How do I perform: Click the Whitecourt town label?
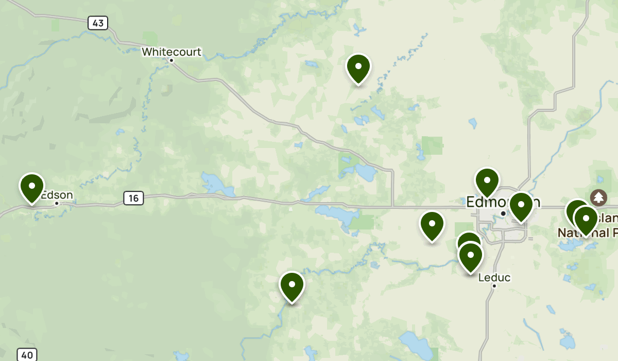tap(171, 52)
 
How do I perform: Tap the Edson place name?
tap(58, 195)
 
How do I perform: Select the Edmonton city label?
tap(502, 202)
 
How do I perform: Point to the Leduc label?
tap(494, 277)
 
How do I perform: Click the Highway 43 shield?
tap(97, 23)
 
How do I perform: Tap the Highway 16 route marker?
tap(133, 198)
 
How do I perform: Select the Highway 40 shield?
tap(27, 355)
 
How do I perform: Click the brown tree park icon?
tap(598, 197)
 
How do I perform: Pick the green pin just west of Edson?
tap(32, 187)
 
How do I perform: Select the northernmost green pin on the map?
tap(358, 68)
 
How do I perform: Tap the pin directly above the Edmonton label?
tap(487, 182)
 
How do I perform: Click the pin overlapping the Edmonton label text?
tap(521, 206)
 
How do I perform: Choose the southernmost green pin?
tap(292, 286)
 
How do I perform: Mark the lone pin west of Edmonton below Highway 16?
tap(432, 225)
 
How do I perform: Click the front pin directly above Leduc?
tap(470, 256)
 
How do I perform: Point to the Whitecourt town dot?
tap(171, 60)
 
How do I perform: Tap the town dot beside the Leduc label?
tap(494, 286)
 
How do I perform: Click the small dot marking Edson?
tap(57, 203)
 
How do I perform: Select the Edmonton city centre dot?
tap(503, 213)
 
